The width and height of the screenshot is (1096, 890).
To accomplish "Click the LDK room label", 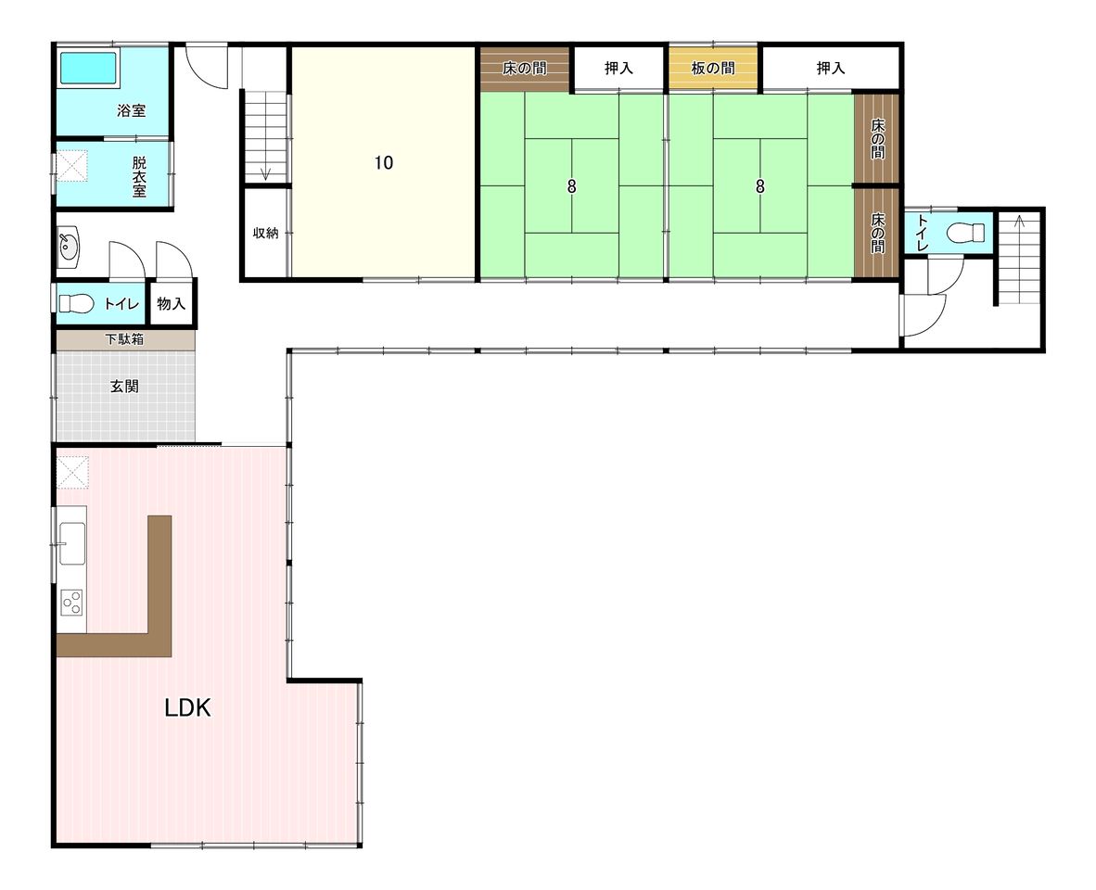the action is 187,707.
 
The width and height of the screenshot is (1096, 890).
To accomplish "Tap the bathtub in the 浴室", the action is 88,68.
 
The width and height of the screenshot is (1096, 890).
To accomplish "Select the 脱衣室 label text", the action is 139,176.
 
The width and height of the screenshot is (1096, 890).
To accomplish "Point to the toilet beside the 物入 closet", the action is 76,304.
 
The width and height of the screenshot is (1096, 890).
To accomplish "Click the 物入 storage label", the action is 172,304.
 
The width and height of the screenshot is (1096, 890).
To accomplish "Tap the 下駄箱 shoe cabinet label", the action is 124,339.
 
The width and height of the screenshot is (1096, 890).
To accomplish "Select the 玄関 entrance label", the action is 124,386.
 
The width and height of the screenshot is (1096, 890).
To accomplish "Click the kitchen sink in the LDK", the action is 71,542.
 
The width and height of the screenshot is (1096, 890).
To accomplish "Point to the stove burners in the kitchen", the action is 71,603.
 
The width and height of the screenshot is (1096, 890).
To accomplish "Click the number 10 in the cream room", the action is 384,163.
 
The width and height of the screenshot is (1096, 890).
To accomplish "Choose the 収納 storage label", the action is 265,234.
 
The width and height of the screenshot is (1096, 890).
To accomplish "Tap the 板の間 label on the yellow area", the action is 713,68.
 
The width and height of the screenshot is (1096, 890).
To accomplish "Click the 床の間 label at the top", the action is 524,68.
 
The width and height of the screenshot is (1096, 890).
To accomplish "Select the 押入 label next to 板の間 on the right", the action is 831,68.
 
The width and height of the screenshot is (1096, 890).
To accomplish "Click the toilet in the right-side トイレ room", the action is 966,233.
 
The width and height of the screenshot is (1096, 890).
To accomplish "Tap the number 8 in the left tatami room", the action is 572,186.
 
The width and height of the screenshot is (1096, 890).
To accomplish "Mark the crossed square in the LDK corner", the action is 72,472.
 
